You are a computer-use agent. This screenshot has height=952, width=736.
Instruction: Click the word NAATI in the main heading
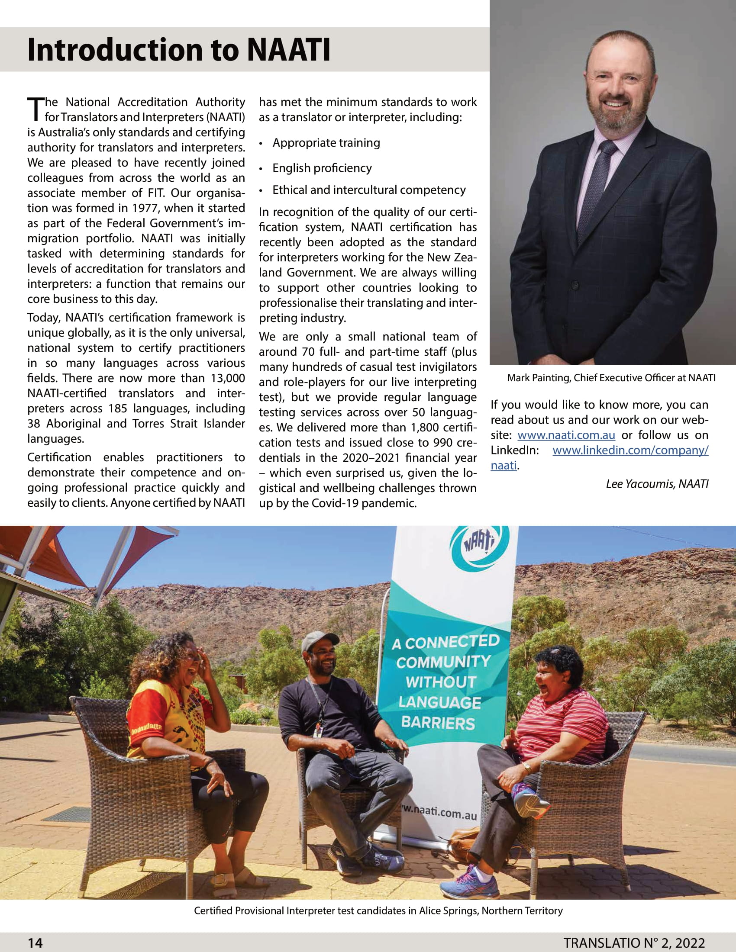tap(288, 50)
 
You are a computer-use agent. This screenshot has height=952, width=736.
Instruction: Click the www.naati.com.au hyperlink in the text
tap(566, 435)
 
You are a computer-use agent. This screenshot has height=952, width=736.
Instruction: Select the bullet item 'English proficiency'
tap(322, 168)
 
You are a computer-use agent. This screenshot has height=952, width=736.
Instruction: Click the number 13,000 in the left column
tap(228, 378)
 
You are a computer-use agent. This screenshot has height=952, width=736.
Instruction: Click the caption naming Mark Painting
tap(611, 378)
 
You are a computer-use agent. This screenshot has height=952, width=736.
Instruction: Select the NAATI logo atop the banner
tap(479, 545)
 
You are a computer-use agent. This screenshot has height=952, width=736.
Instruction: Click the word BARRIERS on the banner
tap(438, 723)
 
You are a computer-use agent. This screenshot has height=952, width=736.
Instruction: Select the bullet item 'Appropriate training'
tap(326, 143)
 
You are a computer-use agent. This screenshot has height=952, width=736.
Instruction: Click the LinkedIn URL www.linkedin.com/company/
tap(630, 450)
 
